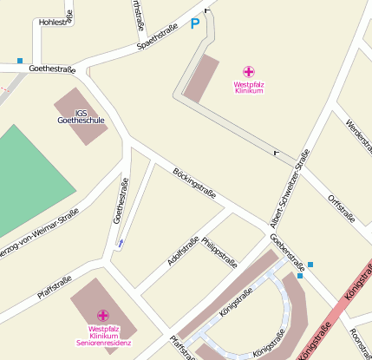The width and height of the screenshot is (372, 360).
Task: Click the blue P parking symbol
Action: tap(195, 25)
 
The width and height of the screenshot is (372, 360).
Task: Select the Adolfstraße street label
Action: tap(183, 252)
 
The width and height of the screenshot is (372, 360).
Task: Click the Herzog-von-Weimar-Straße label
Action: tap(39, 231)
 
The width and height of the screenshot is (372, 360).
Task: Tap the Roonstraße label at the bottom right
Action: tap(361, 343)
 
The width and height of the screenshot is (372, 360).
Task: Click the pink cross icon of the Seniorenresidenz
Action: tap(103, 315)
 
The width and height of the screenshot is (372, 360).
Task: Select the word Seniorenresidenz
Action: tap(103, 344)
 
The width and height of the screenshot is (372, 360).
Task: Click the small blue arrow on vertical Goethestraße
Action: tap(120, 242)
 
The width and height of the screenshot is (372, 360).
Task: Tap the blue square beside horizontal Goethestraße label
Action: tap(20, 61)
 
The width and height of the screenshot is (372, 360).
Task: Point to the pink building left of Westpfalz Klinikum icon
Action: tap(202, 79)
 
